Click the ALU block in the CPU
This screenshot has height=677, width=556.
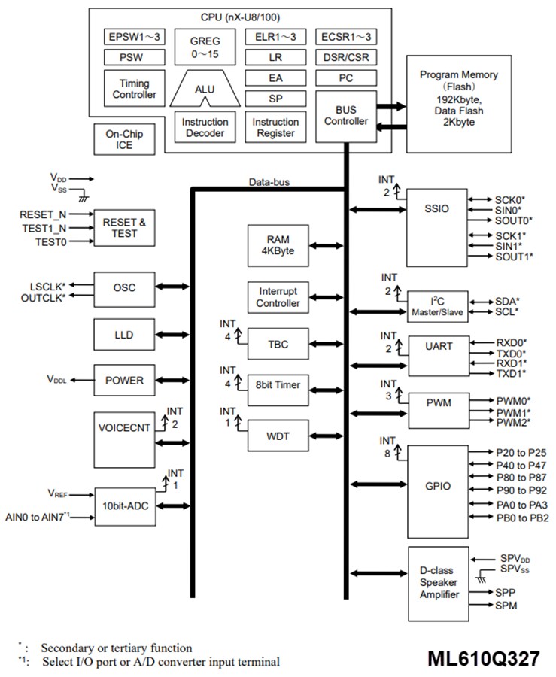click(x=205, y=90)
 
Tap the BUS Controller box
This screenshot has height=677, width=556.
click(x=345, y=116)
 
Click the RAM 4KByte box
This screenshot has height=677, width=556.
click(x=275, y=246)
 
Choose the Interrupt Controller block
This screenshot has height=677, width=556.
click(x=278, y=298)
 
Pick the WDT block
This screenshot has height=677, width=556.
click(x=278, y=435)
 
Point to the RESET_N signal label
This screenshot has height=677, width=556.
click(x=44, y=215)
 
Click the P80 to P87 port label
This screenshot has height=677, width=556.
click(x=515, y=479)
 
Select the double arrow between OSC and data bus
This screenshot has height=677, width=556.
click(x=174, y=287)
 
